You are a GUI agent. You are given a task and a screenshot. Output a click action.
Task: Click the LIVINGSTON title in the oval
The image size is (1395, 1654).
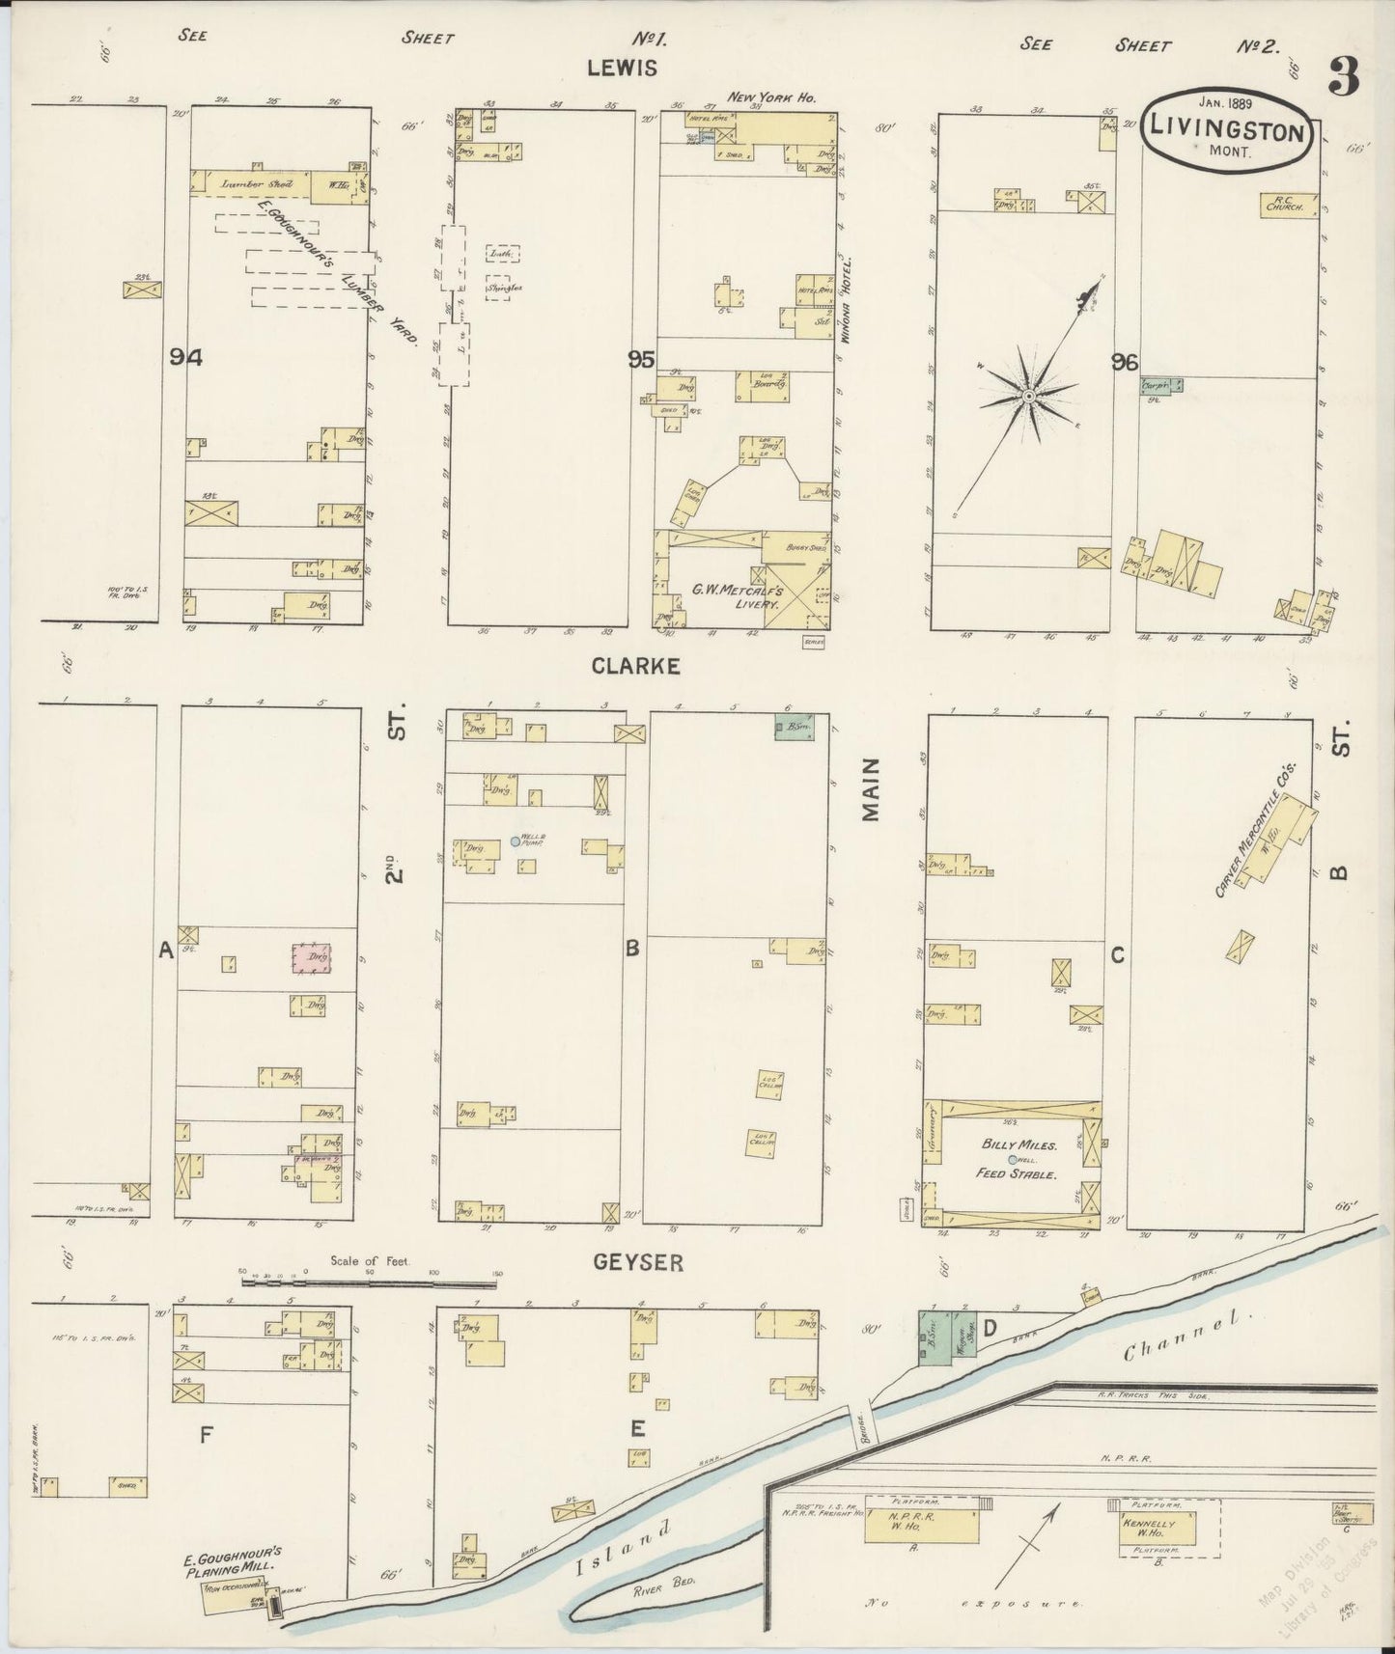coord(1226,132)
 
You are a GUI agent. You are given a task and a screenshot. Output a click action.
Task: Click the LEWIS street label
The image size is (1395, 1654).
coord(622,68)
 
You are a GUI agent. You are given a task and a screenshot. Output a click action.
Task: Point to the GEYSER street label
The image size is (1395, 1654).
coord(638,1262)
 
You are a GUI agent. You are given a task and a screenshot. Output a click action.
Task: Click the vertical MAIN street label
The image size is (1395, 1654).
coord(872,789)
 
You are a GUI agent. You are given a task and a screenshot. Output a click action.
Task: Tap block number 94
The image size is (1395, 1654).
coord(185,357)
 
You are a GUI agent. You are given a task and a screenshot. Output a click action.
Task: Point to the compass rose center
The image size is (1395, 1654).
coord(1029,396)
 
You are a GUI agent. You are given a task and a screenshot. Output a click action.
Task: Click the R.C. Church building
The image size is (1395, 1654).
coord(1288,206)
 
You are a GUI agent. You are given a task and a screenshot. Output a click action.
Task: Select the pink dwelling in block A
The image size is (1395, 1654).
coord(311,958)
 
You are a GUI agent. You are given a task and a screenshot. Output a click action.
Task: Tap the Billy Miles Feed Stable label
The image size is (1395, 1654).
coord(1019,1159)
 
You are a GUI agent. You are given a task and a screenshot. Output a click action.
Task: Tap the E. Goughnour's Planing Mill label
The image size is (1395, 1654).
coord(233,1559)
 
